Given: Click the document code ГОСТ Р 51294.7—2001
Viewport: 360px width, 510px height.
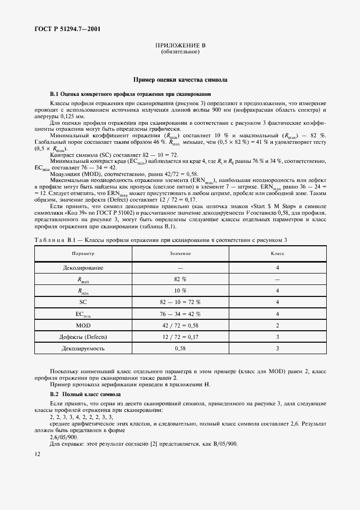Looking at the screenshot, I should click(61, 29).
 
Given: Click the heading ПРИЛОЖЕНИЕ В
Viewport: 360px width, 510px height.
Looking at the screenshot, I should click(180, 46).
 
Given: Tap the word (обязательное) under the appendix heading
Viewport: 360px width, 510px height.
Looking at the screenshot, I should click(180, 52).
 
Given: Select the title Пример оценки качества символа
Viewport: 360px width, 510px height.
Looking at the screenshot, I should click(180, 80).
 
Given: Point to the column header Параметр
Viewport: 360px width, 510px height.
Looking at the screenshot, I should click(83, 254).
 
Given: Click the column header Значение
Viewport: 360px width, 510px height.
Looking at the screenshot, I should click(180, 254).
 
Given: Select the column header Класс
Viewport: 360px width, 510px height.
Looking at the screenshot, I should click(277, 254).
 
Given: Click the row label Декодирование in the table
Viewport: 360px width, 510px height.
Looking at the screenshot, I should click(83, 268).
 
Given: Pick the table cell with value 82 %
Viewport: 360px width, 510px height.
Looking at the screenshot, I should click(180, 279).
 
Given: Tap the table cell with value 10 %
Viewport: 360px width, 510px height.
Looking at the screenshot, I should click(180, 291).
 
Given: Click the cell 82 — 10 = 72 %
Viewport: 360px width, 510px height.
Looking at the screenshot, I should click(180, 302).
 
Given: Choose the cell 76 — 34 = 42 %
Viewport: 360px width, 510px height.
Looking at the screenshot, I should click(180, 314).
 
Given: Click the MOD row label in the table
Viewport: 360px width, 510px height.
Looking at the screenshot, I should click(83, 325).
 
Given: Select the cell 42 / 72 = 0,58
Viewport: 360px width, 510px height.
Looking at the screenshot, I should click(180, 325).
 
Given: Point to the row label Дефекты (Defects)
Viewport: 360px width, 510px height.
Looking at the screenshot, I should click(83, 336).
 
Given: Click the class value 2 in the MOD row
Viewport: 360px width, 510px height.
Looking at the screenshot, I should click(277, 325).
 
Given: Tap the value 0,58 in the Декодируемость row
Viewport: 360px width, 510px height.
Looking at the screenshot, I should click(180, 348).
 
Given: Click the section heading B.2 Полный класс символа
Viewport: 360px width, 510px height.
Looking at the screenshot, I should click(86, 393).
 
